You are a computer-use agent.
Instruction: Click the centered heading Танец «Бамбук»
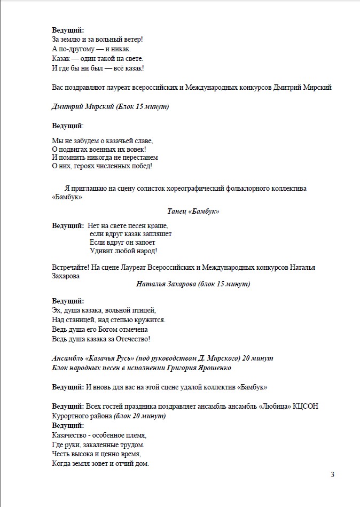[193, 212]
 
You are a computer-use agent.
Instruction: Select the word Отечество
[131, 339]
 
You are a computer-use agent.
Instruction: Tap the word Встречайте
[71, 267]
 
